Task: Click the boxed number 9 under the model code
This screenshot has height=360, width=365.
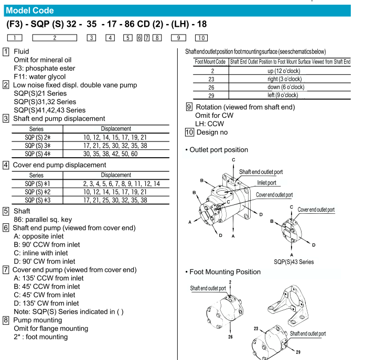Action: pyautogui.click(x=179, y=37)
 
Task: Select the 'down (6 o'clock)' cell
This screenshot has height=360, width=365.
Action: pyautogui.click(x=285, y=87)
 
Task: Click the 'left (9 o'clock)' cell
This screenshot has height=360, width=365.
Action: pyautogui.click(x=285, y=95)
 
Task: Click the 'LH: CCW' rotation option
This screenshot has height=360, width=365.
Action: pyautogui.click(x=209, y=124)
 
